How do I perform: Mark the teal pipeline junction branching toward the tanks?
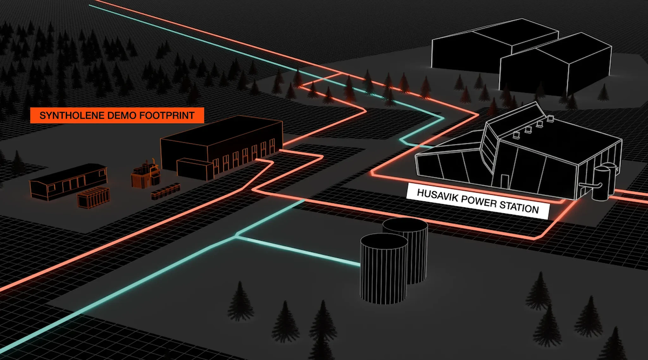(x=236, y=237)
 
